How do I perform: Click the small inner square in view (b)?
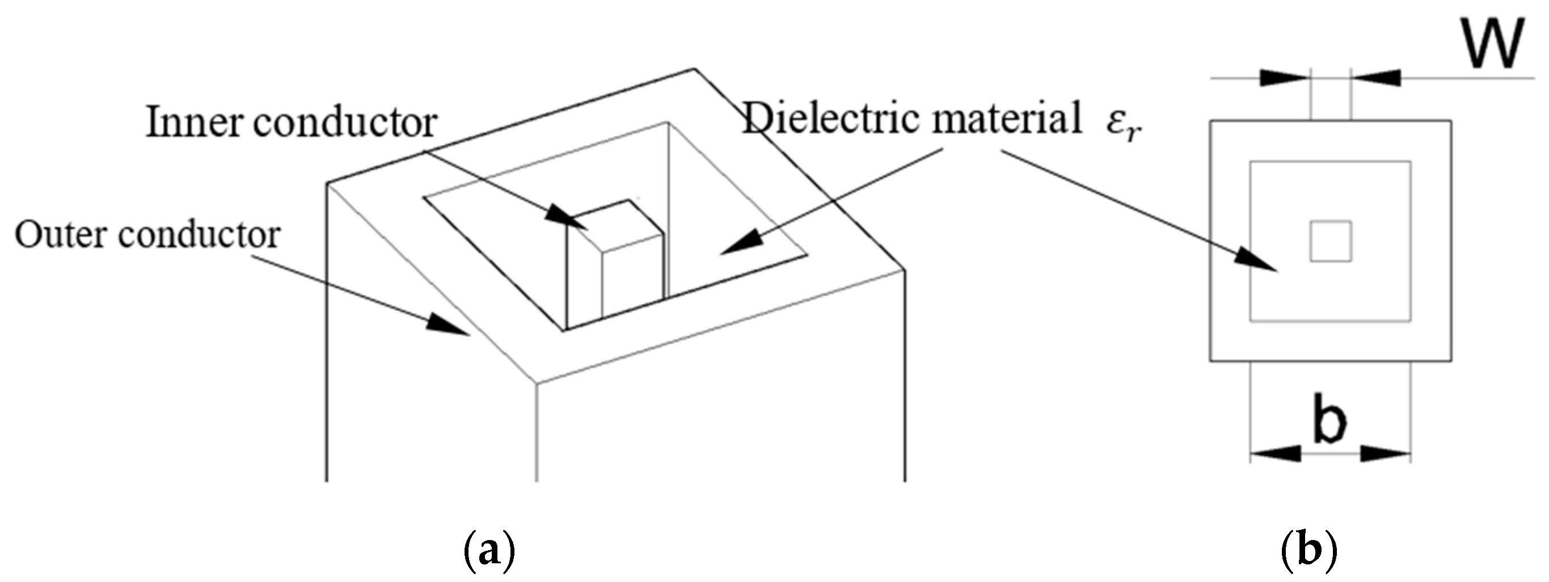pos(1331,241)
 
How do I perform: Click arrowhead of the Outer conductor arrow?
pos(448,324)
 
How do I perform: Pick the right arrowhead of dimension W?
pos(1377,78)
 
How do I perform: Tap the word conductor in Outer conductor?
pos(199,234)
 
